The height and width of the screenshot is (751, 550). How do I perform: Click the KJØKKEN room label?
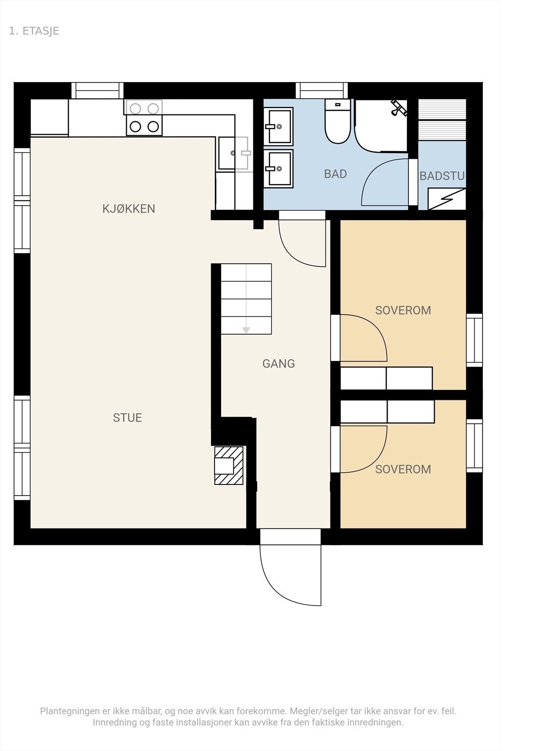pos(129,209)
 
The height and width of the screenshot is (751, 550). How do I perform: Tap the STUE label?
pos(127,418)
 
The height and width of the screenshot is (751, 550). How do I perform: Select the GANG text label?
pos(278,363)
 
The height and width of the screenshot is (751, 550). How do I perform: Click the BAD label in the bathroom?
pos(335,174)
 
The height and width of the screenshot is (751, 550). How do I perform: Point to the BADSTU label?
pos(442,176)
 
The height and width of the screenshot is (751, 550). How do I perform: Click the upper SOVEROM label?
pos(403,310)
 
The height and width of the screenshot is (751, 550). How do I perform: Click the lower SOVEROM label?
pos(403,469)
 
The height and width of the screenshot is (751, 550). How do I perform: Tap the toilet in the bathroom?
pos(338,123)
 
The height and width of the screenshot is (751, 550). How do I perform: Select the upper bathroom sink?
pos(278,126)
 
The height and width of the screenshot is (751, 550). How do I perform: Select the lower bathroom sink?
pos(278,169)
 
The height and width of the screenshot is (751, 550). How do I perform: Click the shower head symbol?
pos(399,107)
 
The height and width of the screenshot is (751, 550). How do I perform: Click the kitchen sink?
pos(233,153)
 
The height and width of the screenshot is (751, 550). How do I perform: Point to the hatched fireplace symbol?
pos(229,466)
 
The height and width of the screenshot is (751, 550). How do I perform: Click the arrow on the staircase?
pos(246,330)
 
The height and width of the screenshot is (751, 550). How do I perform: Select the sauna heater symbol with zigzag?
pos(447,199)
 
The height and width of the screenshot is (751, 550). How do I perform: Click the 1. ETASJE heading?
pos(34,31)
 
